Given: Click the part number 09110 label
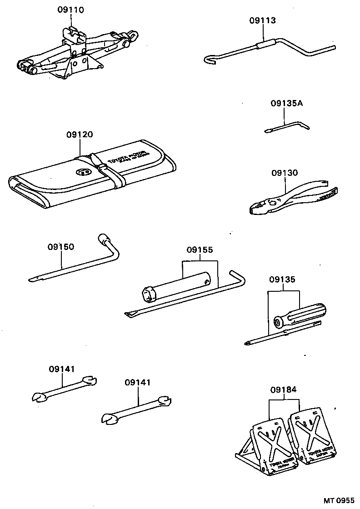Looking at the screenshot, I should tap(71, 10).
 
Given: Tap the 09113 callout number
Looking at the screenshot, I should tap(262, 20).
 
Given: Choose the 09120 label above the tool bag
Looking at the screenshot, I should tap(79, 135).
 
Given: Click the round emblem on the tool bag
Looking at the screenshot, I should tap(83, 172).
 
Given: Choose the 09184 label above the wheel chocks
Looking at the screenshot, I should tap(283, 389).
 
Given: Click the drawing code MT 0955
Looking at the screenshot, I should tap(338, 500).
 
